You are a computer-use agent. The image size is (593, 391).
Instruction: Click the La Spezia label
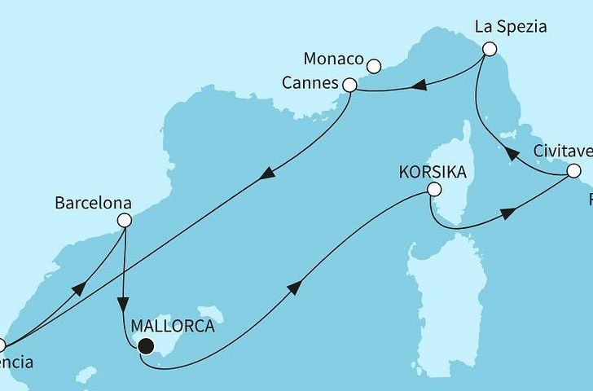coord(511,27)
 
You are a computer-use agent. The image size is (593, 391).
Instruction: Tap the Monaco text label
coord(334,59)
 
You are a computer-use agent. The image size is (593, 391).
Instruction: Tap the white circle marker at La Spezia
coord(489,49)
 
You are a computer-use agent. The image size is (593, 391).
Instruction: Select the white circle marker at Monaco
coord(375,66)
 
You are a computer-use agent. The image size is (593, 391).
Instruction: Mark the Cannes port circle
coord(350,85)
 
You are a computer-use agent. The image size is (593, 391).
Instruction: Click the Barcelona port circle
coord(125,220)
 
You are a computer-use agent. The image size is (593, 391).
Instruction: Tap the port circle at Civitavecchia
coord(573,171)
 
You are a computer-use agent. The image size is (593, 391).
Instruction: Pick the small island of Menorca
coord(210,314)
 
